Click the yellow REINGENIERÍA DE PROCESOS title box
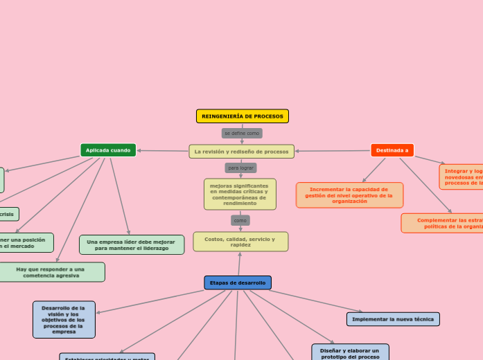click(x=242, y=116)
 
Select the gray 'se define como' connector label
click(x=242, y=133)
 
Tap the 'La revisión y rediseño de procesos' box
click(x=241, y=152)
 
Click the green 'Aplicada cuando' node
click(x=108, y=150)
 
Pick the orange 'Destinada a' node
click(x=392, y=150)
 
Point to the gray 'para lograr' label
click(x=241, y=168)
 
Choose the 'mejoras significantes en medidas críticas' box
click(x=240, y=195)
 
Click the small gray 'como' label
click(x=240, y=220)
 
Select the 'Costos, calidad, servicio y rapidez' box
click(x=240, y=242)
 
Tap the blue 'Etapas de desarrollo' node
click(x=238, y=282)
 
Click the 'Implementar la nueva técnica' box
click(x=393, y=319)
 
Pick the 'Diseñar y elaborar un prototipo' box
click(x=350, y=352)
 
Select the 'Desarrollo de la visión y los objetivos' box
click(x=64, y=320)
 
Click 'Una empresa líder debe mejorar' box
click(x=132, y=245)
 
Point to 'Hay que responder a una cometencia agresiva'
click(x=51, y=272)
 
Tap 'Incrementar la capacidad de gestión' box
click(x=349, y=195)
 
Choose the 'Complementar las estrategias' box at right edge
click(x=444, y=223)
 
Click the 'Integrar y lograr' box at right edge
click(x=462, y=177)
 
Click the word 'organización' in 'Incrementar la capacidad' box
click(x=349, y=201)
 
